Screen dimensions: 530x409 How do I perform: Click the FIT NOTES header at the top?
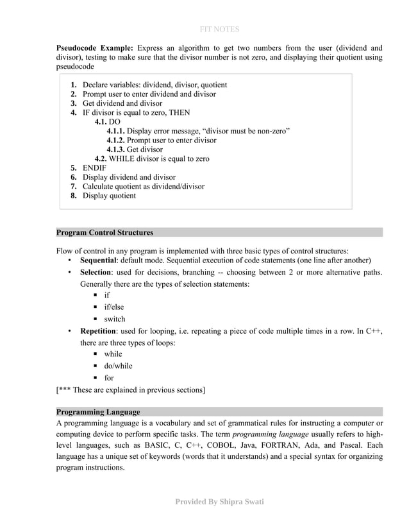click(x=219, y=29)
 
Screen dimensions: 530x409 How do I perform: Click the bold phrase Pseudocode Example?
click(x=94, y=48)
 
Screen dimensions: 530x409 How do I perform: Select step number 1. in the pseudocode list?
click(x=74, y=85)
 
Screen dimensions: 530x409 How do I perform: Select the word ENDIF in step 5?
click(x=95, y=168)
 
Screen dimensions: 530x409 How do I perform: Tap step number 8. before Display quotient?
click(x=74, y=196)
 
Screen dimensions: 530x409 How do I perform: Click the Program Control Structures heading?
click(x=104, y=232)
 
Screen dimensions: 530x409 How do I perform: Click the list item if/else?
click(x=114, y=307)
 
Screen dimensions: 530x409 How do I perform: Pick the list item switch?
click(x=115, y=319)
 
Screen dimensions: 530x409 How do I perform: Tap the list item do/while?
click(x=118, y=366)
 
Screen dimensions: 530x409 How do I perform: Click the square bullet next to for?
click(x=94, y=378)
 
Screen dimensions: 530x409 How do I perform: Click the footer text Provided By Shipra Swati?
click(x=219, y=501)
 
